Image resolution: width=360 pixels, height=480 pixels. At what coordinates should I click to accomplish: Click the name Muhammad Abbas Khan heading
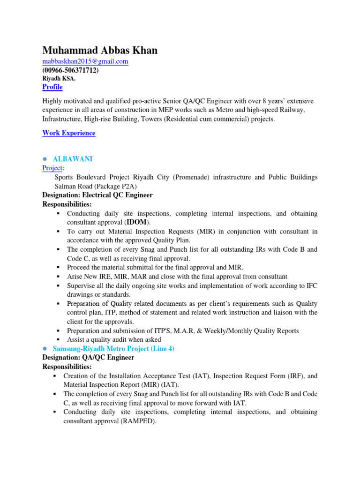[x=100, y=50]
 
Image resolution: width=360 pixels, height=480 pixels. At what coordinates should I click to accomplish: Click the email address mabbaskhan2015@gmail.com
[x=85, y=61]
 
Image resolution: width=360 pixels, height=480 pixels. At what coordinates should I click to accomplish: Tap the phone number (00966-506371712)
[x=70, y=70]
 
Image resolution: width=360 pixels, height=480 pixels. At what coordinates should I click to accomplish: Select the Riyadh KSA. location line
[x=59, y=79]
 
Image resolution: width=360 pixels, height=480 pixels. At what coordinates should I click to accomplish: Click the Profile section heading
[x=52, y=87]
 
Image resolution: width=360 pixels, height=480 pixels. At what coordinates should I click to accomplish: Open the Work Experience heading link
[x=68, y=133]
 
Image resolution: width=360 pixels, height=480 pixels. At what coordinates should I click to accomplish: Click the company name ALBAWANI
[x=73, y=159]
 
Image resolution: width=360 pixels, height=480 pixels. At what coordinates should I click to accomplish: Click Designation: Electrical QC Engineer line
[x=97, y=195]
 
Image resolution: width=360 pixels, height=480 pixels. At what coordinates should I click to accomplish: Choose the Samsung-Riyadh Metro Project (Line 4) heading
[x=113, y=349]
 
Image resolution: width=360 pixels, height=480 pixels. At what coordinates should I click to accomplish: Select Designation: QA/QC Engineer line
[x=88, y=358]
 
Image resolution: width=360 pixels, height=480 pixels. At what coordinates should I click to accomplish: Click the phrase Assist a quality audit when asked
[x=114, y=339]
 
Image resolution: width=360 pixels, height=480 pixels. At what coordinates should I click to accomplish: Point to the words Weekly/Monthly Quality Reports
[x=252, y=330]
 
